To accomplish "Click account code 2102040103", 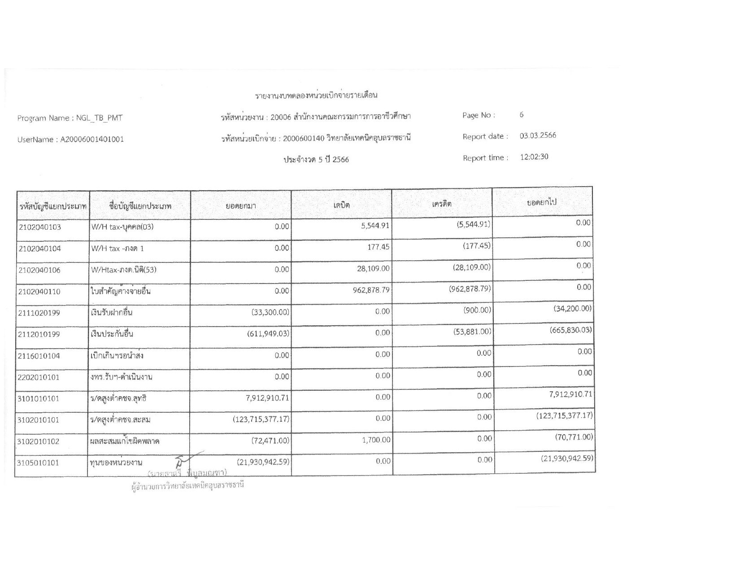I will tap(40, 227).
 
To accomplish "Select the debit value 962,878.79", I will tap(371, 290).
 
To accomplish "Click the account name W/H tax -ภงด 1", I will tap(118, 249).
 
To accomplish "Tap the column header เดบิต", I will tap(341, 205).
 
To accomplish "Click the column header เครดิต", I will tap(442, 204).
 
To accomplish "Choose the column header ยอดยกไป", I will tap(542, 202).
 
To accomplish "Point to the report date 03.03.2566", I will tap(538, 135).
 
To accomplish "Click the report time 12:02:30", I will tap(534, 157).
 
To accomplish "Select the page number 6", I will tap(522, 115).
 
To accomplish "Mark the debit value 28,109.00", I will tap(373, 269).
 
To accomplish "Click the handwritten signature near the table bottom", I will tap(184, 462).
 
